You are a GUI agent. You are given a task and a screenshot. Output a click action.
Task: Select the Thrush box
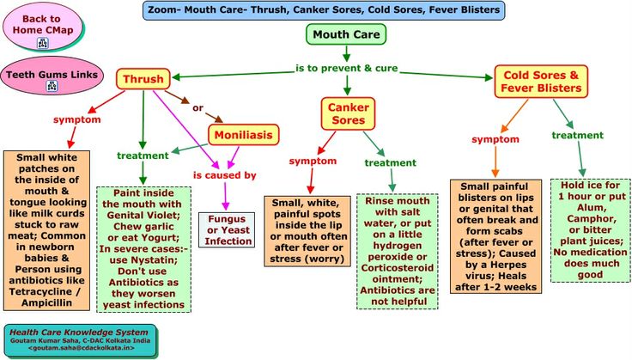pos(143,80)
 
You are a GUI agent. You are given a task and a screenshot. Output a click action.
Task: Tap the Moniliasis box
pos(244,135)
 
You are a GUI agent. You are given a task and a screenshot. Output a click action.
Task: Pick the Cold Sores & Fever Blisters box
pos(541,82)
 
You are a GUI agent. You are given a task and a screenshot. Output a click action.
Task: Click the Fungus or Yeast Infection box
pos(228,229)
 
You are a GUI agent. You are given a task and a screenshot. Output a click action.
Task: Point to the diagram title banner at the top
pos(322,10)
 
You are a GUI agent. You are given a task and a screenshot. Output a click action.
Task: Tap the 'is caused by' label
pos(224,175)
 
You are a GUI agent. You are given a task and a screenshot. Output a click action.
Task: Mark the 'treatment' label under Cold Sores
pos(577,135)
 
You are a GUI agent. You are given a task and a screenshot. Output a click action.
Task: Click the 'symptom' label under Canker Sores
pos(312,161)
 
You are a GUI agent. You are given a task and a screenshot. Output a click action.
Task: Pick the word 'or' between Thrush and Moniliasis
pos(197,107)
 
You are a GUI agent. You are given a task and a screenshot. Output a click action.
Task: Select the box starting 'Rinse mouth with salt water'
pos(397,251)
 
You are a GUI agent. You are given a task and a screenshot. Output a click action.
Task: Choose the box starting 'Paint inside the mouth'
pos(143,249)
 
